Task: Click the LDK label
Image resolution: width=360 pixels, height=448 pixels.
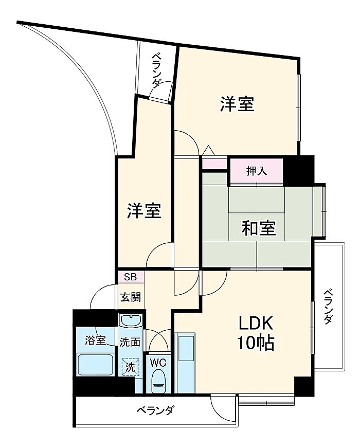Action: point(256,324)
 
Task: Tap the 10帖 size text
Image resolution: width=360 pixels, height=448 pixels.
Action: point(256,343)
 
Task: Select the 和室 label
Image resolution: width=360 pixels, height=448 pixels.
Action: point(259,228)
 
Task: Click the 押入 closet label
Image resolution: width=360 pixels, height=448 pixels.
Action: point(257,171)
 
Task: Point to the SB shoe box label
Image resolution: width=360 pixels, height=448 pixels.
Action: point(131,277)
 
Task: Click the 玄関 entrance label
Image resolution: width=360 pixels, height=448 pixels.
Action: point(131,297)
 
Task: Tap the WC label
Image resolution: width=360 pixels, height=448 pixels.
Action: point(158,363)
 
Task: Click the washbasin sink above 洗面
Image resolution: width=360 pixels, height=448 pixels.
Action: point(131,320)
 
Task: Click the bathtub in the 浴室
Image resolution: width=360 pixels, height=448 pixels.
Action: point(95,365)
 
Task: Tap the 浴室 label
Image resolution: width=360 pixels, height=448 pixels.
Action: point(96,341)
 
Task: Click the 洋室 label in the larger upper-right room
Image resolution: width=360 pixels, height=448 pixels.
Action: point(237,104)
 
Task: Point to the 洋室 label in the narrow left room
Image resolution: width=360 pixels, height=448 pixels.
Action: point(145,211)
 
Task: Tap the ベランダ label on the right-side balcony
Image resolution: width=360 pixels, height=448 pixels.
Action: point(329,307)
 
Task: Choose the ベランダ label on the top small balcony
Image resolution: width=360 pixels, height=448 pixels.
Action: point(156,70)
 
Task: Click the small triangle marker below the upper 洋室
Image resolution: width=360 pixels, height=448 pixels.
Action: point(209,150)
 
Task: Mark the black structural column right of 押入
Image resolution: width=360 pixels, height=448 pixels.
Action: point(299,170)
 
